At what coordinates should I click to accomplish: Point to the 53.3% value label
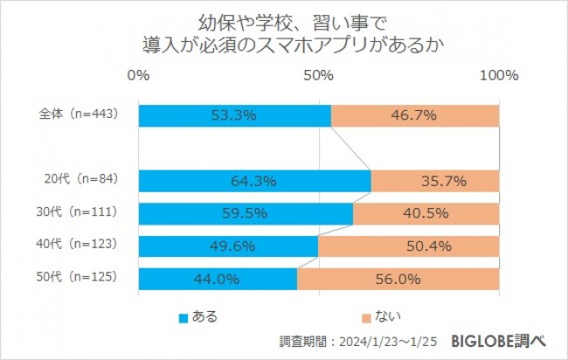click(233, 115)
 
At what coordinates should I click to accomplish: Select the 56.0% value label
click(398, 280)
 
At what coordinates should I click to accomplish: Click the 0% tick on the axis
click(139, 76)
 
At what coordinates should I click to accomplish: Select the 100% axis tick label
click(500, 76)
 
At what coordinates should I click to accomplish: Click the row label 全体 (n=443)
click(79, 114)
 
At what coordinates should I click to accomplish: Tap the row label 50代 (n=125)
click(81, 279)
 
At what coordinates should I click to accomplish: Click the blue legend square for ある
click(184, 317)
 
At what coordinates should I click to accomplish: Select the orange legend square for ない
click(364, 317)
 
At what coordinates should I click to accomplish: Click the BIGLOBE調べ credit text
click(503, 340)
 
